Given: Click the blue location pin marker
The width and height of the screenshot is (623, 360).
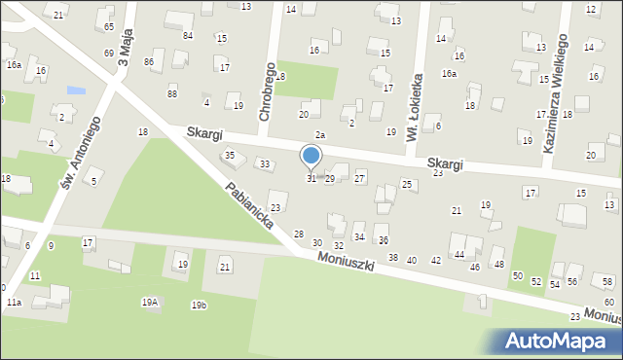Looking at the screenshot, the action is tap(311, 157).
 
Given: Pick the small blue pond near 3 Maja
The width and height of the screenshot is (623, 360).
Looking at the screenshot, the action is tap(76, 90).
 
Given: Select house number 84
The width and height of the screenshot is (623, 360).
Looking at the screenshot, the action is tap(188, 36).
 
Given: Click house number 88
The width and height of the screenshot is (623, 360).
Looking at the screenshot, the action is tap(172, 93).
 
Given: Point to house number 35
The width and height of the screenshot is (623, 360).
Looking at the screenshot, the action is tap(230, 155).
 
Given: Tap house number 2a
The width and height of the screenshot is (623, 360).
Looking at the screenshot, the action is tap(319, 134).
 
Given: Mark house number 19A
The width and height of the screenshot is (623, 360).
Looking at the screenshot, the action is tap(149, 303).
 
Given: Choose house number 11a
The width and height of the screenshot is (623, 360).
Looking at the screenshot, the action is tap(14, 303).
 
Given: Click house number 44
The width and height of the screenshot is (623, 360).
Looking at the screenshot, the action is tap(458, 254).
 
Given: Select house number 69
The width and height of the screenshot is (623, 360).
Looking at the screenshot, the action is tap(109, 53).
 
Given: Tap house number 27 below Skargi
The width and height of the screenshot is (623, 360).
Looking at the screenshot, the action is tap(359, 178).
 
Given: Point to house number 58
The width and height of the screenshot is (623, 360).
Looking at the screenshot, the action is tap(607, 281).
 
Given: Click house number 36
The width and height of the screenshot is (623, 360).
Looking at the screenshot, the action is tap(383, 240).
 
